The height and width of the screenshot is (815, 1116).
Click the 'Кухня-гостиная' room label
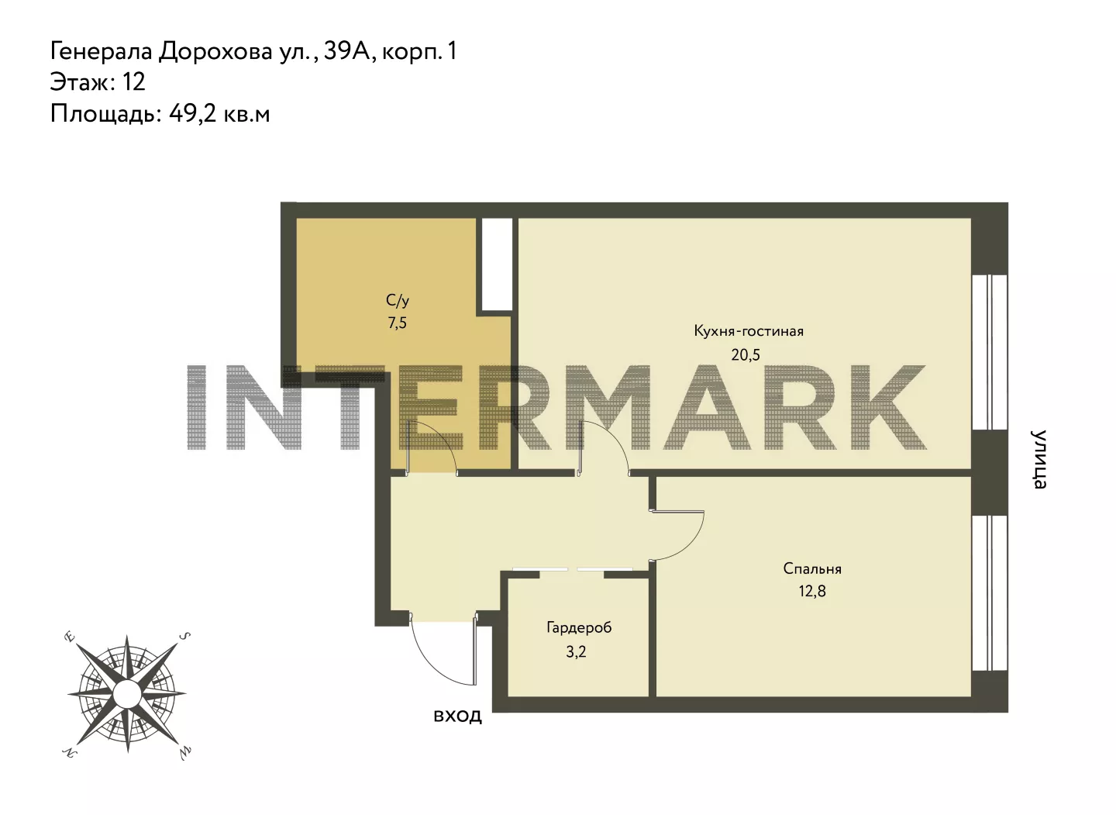click(x=749, y=331)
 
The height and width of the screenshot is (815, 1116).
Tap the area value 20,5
click(x=746, y=355)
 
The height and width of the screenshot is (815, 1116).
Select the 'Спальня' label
click(x=812, y=568)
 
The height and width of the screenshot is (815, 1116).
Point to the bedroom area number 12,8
click(x=812, y=591)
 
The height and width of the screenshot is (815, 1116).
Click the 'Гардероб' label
click(x=579, y=627)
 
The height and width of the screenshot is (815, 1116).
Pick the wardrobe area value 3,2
click(x=576, y=651)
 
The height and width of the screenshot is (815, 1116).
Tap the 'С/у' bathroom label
click(x=398, y=300)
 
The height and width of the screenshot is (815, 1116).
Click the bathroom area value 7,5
click(x=397, y=323)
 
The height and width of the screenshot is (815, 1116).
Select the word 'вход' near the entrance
click(x=457, y=717)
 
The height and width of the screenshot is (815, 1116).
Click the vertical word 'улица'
click(x=1038, y=459)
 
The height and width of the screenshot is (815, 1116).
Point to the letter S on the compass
click(x=184, y=636)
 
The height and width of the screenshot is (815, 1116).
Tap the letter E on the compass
click(x=70, y=637)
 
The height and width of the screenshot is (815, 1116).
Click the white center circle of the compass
click(x=127, y=693)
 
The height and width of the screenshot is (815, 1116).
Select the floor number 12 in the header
click(x=133, y=81)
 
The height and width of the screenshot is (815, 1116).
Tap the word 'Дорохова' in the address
click(x=215, y=51)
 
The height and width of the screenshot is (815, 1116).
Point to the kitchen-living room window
click(x=990, y=352)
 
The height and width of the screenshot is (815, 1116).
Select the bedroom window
click(x=990, y=593)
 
